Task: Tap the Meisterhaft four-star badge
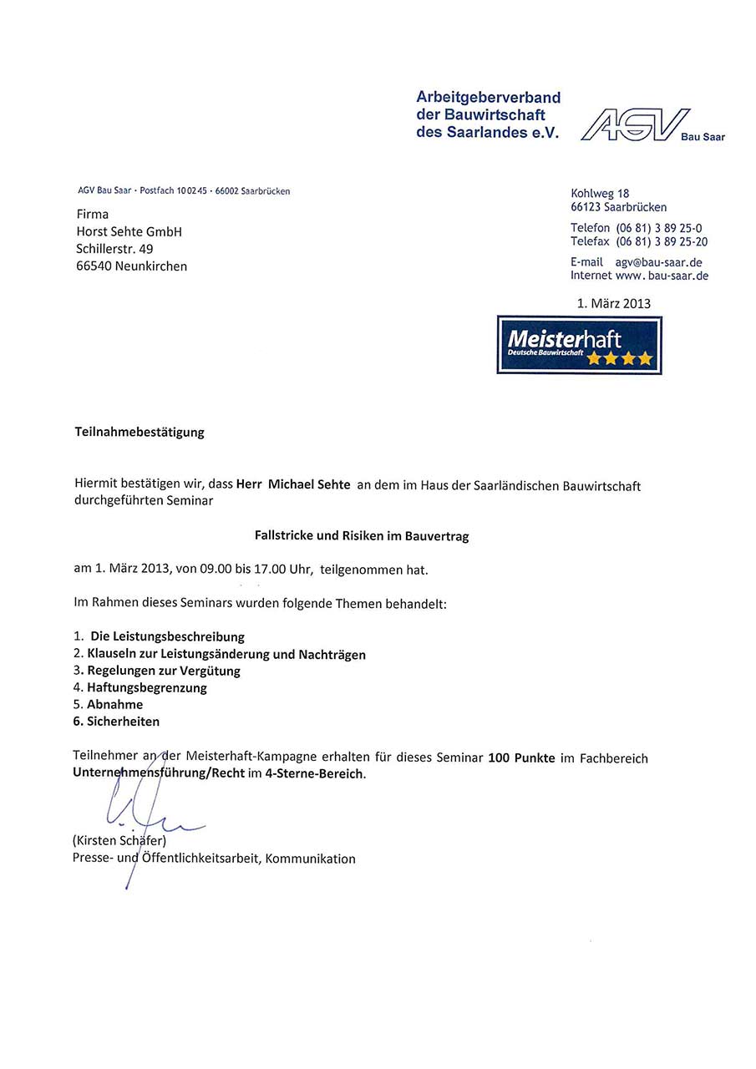[579, 345]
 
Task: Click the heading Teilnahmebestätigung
[140, 432]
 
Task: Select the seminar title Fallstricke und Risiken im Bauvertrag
[361, 536]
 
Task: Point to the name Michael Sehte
[309, 485]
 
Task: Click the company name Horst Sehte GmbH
[129, 231]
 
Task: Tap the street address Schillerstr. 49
[114, 248]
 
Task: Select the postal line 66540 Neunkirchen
[131, 266]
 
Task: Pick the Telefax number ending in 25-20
[661, 241]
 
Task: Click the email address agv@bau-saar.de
[658, 262]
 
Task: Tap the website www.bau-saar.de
[661, 276]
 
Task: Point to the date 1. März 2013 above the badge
[613, 303]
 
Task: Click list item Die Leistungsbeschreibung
[167, 636]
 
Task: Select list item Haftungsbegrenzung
[147, 687]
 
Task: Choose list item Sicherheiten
[123, 721]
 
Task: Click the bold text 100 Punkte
[521, 758]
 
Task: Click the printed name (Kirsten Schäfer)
[119, 841]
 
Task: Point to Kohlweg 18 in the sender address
[600, 194]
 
